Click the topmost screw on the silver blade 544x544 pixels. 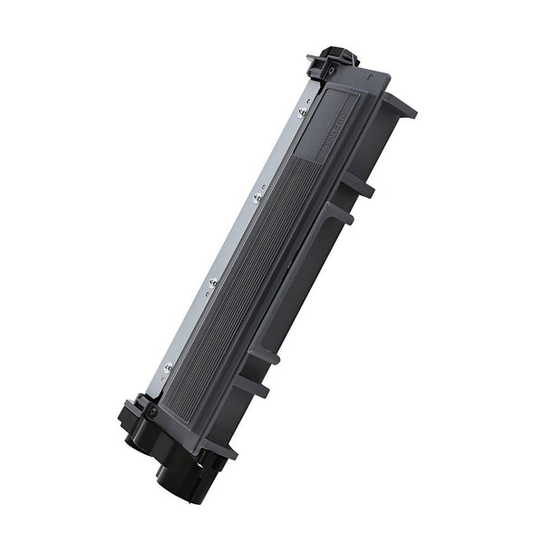(302, 112)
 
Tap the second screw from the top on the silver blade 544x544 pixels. (257, 196)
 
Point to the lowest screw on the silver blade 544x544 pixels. (168, 366)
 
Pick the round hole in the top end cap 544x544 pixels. (332, 70)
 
